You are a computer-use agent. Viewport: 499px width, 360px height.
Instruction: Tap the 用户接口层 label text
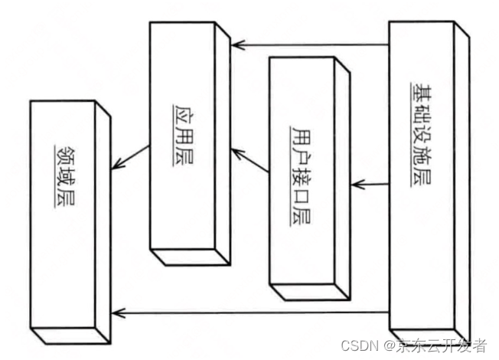click(x=301, y=173)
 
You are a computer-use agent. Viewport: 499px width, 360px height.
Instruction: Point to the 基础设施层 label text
click(x=422, y=135)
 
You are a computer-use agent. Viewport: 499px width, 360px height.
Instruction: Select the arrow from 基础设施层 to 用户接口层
click(x=370, y=185)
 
